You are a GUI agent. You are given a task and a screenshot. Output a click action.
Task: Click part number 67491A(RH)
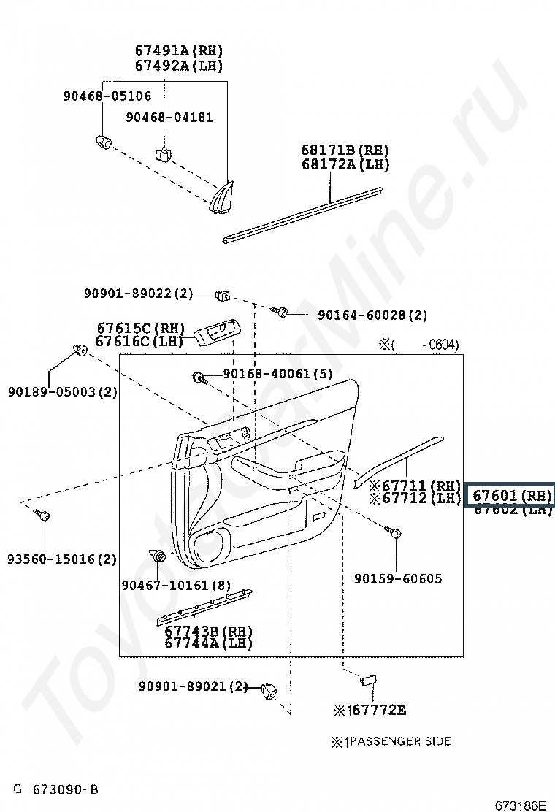coord(178,51)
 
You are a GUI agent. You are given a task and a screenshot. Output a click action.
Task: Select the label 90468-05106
coord(107,96)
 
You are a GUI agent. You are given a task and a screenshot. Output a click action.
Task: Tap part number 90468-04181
coord(169,118)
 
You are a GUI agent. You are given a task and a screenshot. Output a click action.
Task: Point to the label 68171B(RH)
coord(345,150)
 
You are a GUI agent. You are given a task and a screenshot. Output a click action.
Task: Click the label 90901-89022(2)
coord(138,294)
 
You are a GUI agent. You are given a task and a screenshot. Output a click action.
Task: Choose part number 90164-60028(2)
coord(372,315)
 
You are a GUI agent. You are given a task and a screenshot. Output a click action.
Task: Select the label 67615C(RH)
coord(140,328)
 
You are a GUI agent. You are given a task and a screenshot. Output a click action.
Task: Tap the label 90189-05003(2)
coord(63,392)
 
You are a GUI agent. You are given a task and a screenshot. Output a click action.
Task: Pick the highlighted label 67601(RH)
coord(510,495)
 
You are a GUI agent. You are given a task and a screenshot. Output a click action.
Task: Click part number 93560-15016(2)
coord(62,559)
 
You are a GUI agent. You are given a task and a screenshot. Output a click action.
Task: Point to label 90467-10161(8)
coord(176,586)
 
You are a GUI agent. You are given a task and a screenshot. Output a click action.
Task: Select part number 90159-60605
coord(398,579)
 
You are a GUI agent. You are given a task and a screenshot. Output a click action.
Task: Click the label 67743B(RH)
coord(208,631)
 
